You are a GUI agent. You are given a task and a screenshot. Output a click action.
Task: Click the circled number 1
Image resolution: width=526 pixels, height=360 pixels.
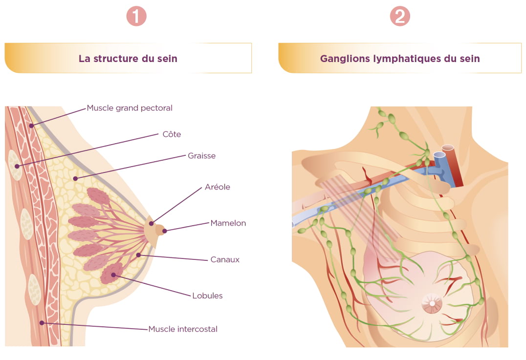(136, 17)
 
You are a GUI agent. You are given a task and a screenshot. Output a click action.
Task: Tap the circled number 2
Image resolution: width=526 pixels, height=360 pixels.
(400, 17)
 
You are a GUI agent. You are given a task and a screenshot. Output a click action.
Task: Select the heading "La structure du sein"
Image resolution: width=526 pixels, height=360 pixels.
(128, 59)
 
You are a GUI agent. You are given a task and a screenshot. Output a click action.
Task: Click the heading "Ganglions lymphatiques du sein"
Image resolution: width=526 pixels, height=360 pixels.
(400, 59)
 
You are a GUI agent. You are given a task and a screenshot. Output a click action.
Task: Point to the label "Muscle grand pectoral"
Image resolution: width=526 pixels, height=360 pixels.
(130, 108)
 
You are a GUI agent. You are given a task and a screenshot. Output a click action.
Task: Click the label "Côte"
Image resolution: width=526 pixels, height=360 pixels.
(172, 134)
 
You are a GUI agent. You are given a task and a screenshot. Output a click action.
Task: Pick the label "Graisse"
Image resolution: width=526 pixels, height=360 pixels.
(201, 156)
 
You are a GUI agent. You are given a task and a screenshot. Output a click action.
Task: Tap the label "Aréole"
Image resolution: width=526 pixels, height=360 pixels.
(218, 187)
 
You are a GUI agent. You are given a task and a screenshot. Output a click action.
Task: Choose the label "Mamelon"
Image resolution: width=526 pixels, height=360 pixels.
(228, 223)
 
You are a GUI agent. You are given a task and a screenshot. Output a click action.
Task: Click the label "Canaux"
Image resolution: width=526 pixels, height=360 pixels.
(225, 259)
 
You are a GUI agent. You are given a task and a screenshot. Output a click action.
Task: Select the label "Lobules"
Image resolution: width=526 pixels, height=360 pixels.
(207, 296)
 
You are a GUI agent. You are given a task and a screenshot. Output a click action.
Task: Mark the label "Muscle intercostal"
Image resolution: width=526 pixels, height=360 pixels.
(183, 329)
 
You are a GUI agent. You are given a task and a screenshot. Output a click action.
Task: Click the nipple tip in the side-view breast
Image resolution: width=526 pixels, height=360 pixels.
(165, 231)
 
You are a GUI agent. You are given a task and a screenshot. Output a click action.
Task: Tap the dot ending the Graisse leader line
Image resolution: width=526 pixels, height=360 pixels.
(75, 179)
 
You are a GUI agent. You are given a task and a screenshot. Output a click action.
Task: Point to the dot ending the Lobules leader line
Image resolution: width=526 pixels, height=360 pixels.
(114, 275)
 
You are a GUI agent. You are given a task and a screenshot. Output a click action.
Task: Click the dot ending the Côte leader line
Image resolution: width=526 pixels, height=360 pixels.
(17, 166)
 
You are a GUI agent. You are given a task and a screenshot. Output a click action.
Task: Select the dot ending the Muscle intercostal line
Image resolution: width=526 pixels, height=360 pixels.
(42, 322)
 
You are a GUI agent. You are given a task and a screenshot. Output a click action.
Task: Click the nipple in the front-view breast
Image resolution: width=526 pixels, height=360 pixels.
(432, 304)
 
